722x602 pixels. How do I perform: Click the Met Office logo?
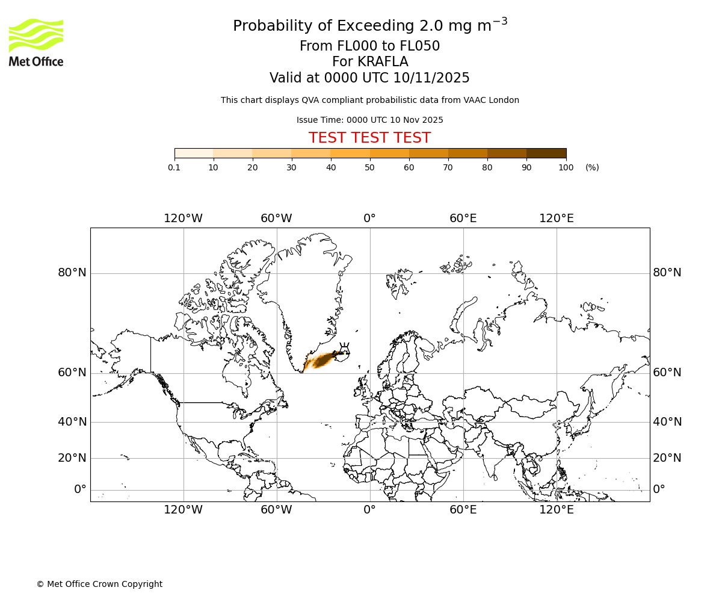coord(36,42)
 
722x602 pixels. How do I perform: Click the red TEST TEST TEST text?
coord(369,138)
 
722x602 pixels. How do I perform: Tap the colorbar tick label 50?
coord(369,167)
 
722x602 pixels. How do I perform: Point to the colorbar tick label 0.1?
coord(174,167)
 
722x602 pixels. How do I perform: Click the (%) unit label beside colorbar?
coord(592,167)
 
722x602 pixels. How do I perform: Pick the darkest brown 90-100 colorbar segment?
coord(546,154)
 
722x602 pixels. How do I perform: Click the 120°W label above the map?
coord(183,219)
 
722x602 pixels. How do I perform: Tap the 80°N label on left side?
coord(72,273)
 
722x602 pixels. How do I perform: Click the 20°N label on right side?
coord(667,458)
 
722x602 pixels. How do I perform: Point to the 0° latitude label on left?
coord(80,489)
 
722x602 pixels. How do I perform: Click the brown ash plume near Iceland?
coord(325,360)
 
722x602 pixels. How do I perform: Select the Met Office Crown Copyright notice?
coord(99,585)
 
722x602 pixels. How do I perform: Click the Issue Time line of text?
coord(369,120)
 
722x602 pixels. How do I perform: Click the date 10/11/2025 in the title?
coord(431,78)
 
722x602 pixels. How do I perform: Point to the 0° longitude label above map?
coord(369,219)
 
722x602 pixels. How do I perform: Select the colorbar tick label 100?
coord(566,167)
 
